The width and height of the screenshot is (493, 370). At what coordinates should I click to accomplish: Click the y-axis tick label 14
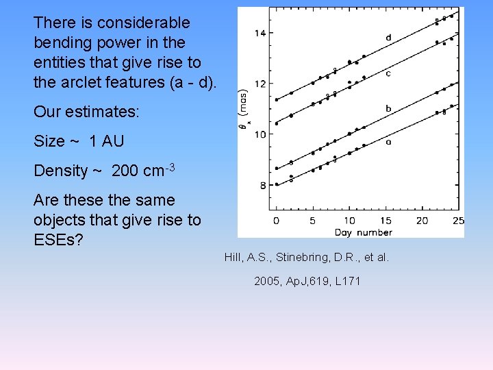tap(260, 33)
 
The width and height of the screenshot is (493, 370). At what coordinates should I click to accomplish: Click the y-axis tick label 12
tap(260, 84)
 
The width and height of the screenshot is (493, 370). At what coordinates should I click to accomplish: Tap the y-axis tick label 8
tap(262, 185)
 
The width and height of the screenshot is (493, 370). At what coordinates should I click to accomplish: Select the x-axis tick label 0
tap(276, 221)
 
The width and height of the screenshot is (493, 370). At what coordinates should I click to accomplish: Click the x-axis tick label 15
tap(385, 221)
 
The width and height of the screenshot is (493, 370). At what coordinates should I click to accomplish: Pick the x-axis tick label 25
tap(458, 221)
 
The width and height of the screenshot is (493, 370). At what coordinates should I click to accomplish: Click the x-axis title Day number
tap(364, 232)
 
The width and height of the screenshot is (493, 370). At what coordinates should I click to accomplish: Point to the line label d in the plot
tap(388, 38)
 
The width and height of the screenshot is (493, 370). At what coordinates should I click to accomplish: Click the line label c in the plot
tap(388, 73)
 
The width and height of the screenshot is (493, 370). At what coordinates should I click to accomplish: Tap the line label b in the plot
tap(388, 108)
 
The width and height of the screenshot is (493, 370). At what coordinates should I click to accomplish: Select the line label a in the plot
tap(388, 143)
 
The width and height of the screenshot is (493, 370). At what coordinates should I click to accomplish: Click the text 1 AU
tap(106, 141)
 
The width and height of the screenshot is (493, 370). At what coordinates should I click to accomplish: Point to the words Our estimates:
tap(86, 111)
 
